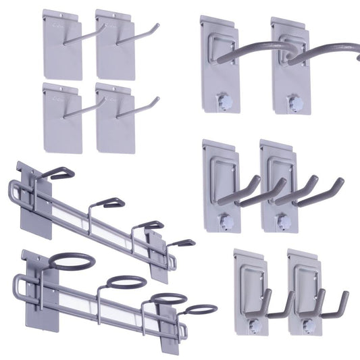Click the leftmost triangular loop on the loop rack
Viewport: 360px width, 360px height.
(x=57, y=174)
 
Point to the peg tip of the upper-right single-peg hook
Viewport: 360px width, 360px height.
(x=157, y=26)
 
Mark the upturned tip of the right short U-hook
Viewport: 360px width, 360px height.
(x=345, y=295)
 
